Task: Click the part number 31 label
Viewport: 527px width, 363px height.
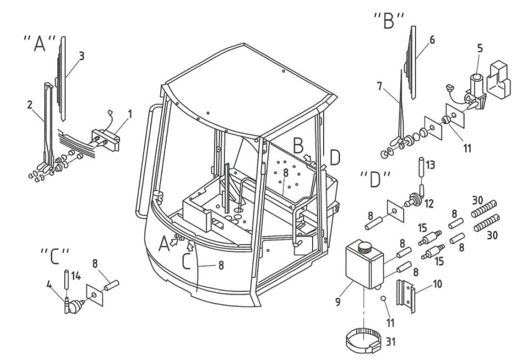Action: tap(390, 342)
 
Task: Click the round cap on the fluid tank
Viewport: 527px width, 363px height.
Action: tap(364, 248)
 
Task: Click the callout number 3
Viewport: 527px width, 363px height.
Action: tap(82, 56)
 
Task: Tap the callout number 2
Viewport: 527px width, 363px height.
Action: tap(30, 105)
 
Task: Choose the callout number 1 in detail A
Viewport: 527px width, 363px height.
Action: tap(130, 114)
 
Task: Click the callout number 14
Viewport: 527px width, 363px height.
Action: tap(76, 276)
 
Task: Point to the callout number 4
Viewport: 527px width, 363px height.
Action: tap(49, 285)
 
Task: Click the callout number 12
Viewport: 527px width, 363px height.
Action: tap(429, 203)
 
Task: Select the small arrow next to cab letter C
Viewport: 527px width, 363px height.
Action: tap(191, 246)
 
